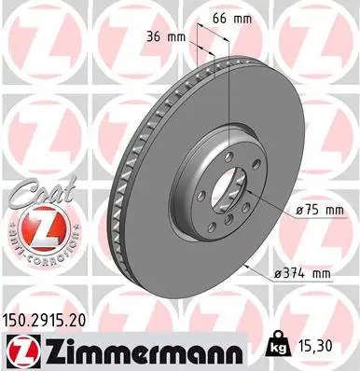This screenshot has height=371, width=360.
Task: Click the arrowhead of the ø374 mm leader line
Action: click(x=247, y=262)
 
